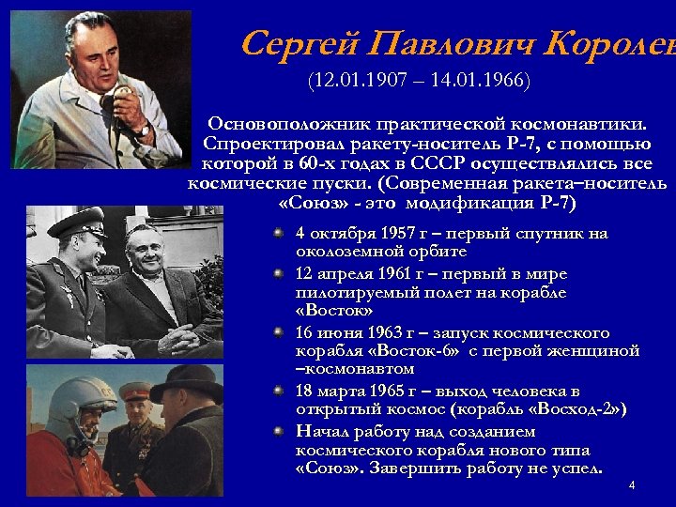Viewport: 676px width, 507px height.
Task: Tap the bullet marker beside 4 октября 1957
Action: point(279,233)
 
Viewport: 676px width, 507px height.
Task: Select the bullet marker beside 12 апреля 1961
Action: point(279,273)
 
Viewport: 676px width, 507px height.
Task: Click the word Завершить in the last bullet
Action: point(402,469)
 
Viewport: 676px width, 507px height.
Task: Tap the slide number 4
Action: point(632,485)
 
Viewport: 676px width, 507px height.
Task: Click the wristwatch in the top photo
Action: point(143,126)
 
